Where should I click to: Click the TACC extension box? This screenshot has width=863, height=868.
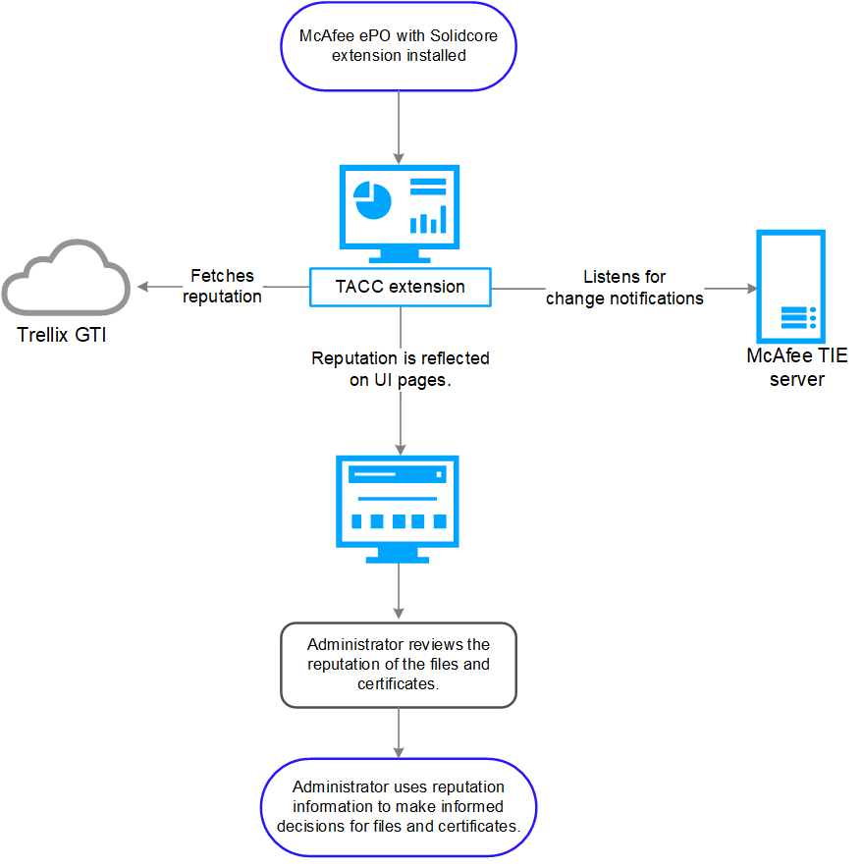click(x=401, y=287)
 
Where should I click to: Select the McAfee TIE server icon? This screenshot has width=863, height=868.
click(x=790, y=287)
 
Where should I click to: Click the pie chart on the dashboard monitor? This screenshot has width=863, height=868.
click(x=372, y=200)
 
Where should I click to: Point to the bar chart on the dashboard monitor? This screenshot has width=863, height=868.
click(x=428, y=219)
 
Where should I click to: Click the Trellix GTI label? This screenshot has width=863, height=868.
click(x=62, y=335)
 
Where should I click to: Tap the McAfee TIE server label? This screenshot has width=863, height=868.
click(x=796, y=367)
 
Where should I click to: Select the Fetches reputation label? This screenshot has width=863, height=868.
click(x=222, y=286)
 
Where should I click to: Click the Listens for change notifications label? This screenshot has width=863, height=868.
click(x=624, y=288)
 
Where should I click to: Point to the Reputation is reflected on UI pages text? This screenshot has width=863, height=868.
click(x=401, y=369)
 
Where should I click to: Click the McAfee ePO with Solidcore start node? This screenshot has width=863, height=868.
click(x=399, y=46)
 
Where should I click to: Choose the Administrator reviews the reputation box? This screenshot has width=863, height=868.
click(x=399, y=665)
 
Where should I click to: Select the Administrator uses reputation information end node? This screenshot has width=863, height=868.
click(x=399, y=807)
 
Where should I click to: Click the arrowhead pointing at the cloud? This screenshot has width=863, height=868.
click(x=142, y=286)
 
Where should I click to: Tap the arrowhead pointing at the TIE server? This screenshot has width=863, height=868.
click(x=752, y=289)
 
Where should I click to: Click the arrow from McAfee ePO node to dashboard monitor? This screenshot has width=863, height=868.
click(x=399, y=128)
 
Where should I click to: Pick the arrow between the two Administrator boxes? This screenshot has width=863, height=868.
click(x=399, y=732)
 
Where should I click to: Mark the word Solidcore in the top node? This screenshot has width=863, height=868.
click(x=463, y=36)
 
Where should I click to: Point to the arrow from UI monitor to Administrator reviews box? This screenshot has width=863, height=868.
click(x=399, y=591)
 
